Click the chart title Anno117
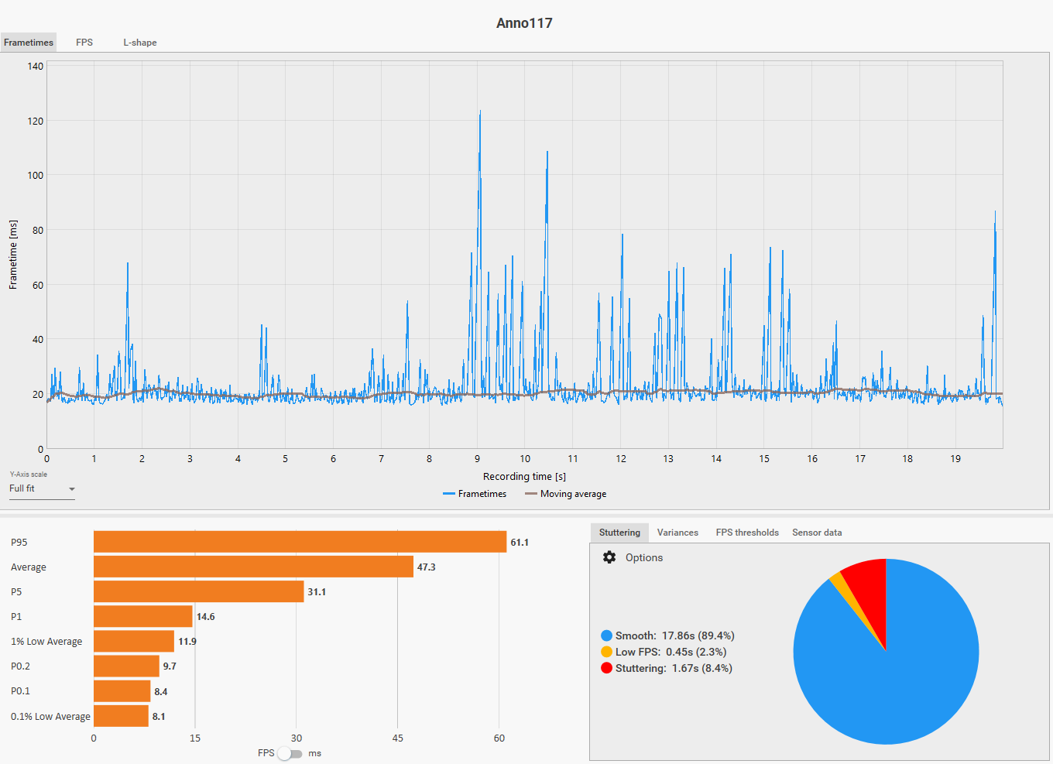pyautogui.click(x=524, y=23)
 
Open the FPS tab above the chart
pyautogui.click(x=84, y=43)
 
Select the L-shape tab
pyautogui.click(x=139, y=43)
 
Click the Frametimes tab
pyautogui.click(x=28, y=43)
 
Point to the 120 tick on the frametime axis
pyautogui.click(x=36, y=122)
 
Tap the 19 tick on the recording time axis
pyautogui.click(x=955, y=458)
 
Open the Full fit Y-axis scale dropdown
pyautogui.click(x=42, y=488)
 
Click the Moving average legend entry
pyautogui.click(x=565, y=494)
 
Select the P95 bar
pyautogui.click(x=300, y=542)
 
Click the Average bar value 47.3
pyautogui.click(x=426, y=567)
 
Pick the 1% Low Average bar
pyautogui.click(x=134, y=642)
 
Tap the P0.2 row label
pyautogui.click(x=20, y=666)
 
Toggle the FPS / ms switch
pyautogui.click(x=290, y=754)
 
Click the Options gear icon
pyautogui.click(x=609, y=557)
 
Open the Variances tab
pyautogui.click(x=677, y=533)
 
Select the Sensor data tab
pyautogui.click(x=817, y=533)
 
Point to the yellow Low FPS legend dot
pyautogui.click(x=606, y=652)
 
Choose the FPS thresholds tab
pyautogui.click(x=747, y=533)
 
